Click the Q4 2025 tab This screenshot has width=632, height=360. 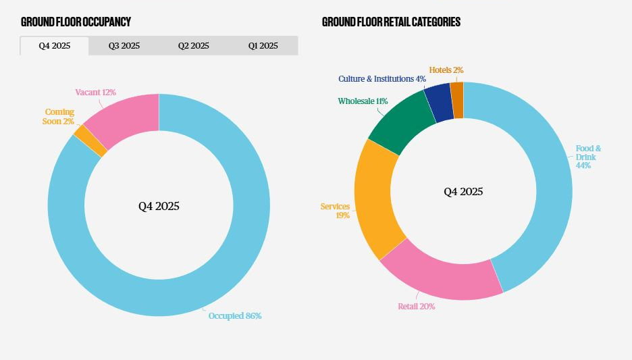click(54, 46)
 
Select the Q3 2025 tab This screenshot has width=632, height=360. click(124, 46)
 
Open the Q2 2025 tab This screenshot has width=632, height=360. click(194, 46)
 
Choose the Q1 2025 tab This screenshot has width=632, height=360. click(263, 46)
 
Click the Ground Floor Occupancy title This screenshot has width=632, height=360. click(76, 22)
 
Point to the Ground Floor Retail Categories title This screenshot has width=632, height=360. click(391, 22)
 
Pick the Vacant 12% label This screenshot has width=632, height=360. click(96, 92)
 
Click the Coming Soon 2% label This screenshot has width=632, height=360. click(59, 116)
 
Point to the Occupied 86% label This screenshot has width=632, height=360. click(234, 315)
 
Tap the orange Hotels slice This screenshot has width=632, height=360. click(457, 100)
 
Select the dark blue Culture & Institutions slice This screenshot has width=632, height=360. click(439, 103)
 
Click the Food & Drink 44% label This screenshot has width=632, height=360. click(587, 157)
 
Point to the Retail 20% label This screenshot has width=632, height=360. click(416, 306)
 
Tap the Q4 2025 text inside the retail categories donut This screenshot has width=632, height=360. click(463, 192)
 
